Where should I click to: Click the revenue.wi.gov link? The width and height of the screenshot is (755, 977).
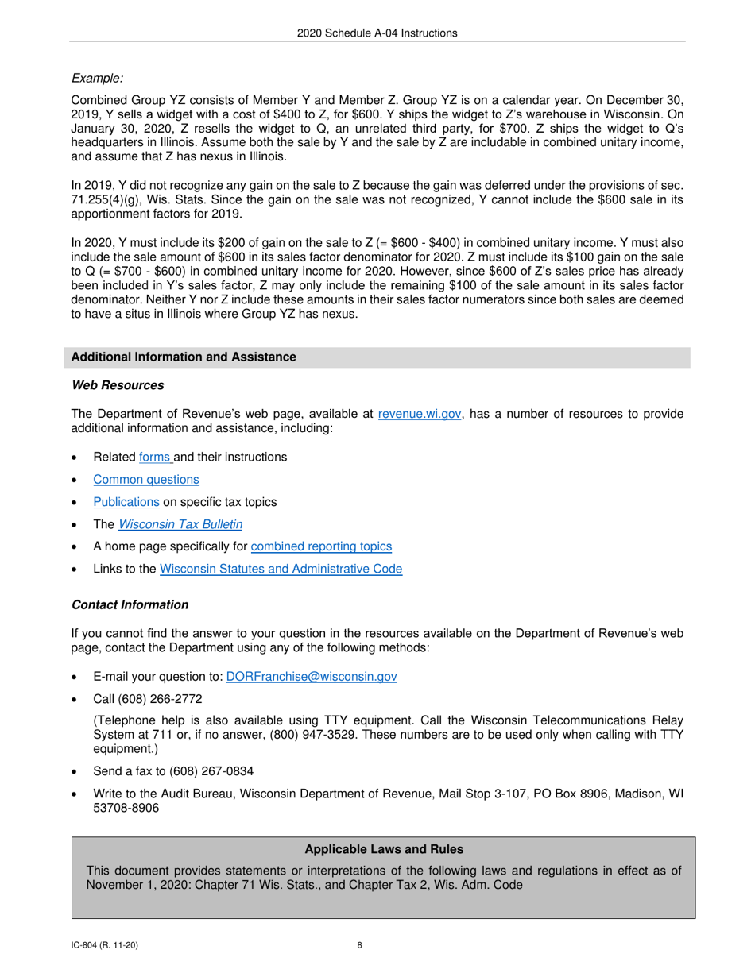[420, 414]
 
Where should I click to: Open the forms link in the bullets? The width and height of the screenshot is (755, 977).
[155, 458]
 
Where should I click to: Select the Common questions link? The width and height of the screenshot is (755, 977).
[146, 480]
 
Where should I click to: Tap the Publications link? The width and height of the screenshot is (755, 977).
[126, 502]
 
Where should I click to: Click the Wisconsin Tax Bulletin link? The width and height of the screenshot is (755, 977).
[180, 524]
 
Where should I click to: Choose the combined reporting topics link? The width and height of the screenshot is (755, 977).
[321, 546]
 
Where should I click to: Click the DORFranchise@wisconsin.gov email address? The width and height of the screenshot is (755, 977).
[312, 677]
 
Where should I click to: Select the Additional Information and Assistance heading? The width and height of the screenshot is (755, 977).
[184, 357]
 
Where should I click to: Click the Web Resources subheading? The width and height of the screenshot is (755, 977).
[118, 385]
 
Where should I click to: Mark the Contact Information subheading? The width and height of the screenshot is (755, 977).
[130, 605]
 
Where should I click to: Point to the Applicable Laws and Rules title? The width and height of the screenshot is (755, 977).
[384, 849]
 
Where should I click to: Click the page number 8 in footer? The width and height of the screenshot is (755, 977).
[360, 945]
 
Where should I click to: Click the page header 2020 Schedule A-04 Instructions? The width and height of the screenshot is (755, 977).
[377, 33]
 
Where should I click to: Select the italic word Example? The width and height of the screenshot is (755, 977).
[98, 78]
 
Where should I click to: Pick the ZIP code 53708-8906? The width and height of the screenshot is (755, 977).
[126, 808]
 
